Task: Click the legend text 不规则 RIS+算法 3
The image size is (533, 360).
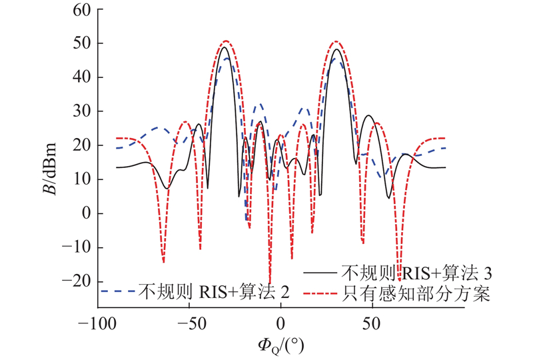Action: tap(416, 273)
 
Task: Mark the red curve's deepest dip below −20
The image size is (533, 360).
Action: tap(270, 283)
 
